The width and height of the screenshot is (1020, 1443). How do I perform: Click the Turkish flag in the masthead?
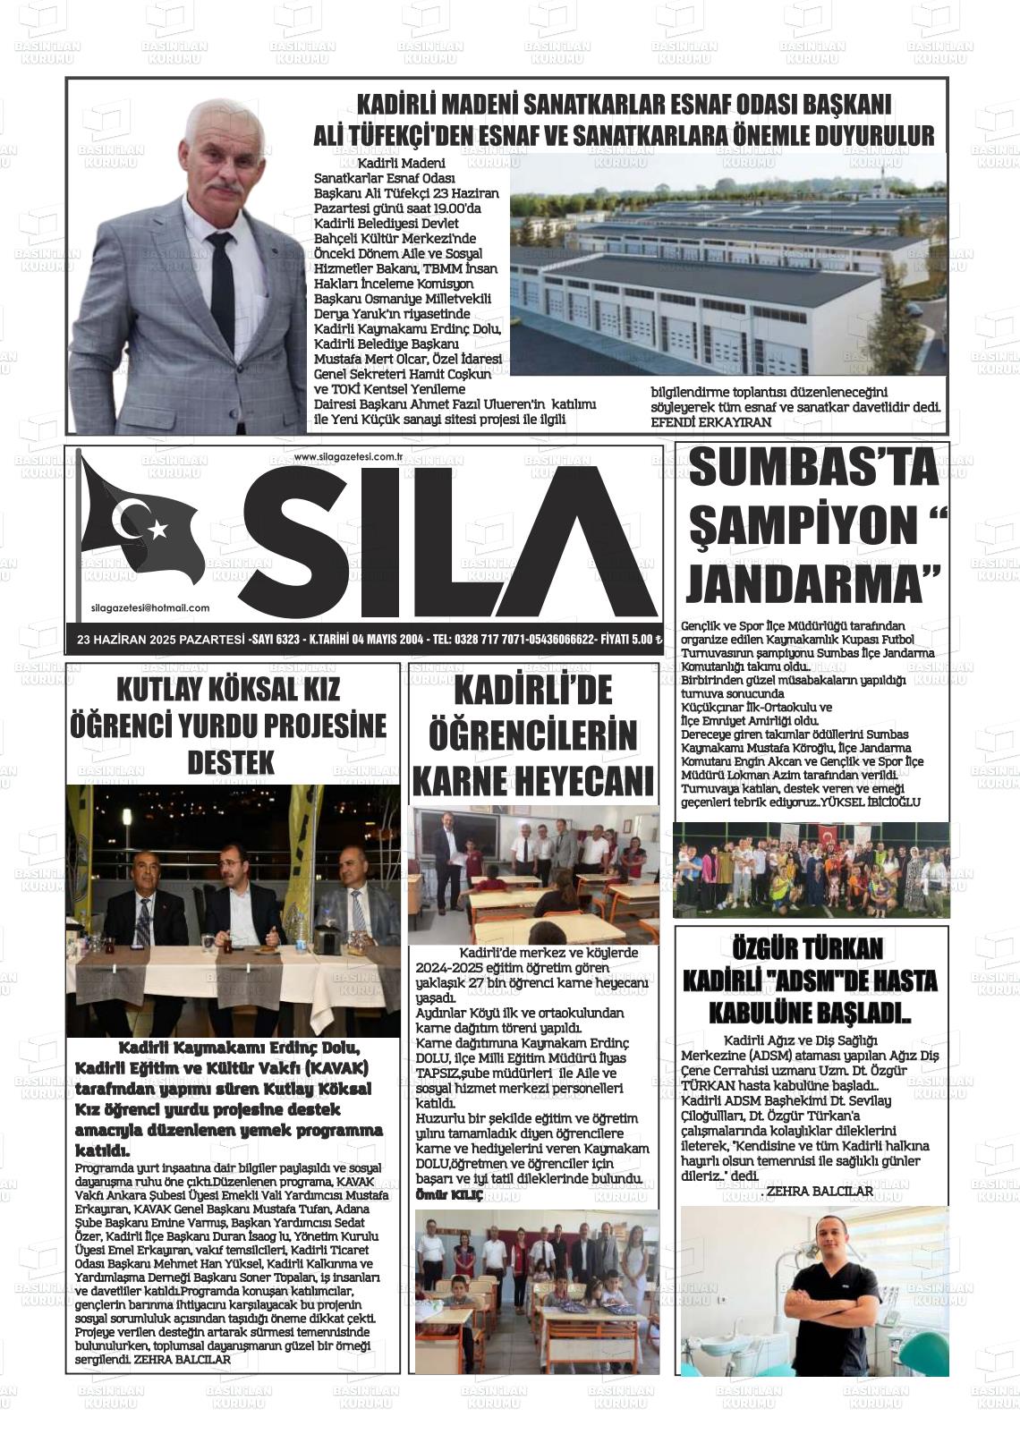click(140, 529)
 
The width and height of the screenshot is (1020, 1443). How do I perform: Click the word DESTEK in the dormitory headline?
click(230, 763)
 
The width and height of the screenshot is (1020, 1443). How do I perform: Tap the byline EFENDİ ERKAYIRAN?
click(710, 421)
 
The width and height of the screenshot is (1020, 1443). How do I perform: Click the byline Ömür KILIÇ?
click(449, 1195)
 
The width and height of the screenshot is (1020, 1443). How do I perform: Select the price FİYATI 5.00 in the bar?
click(631, 640)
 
